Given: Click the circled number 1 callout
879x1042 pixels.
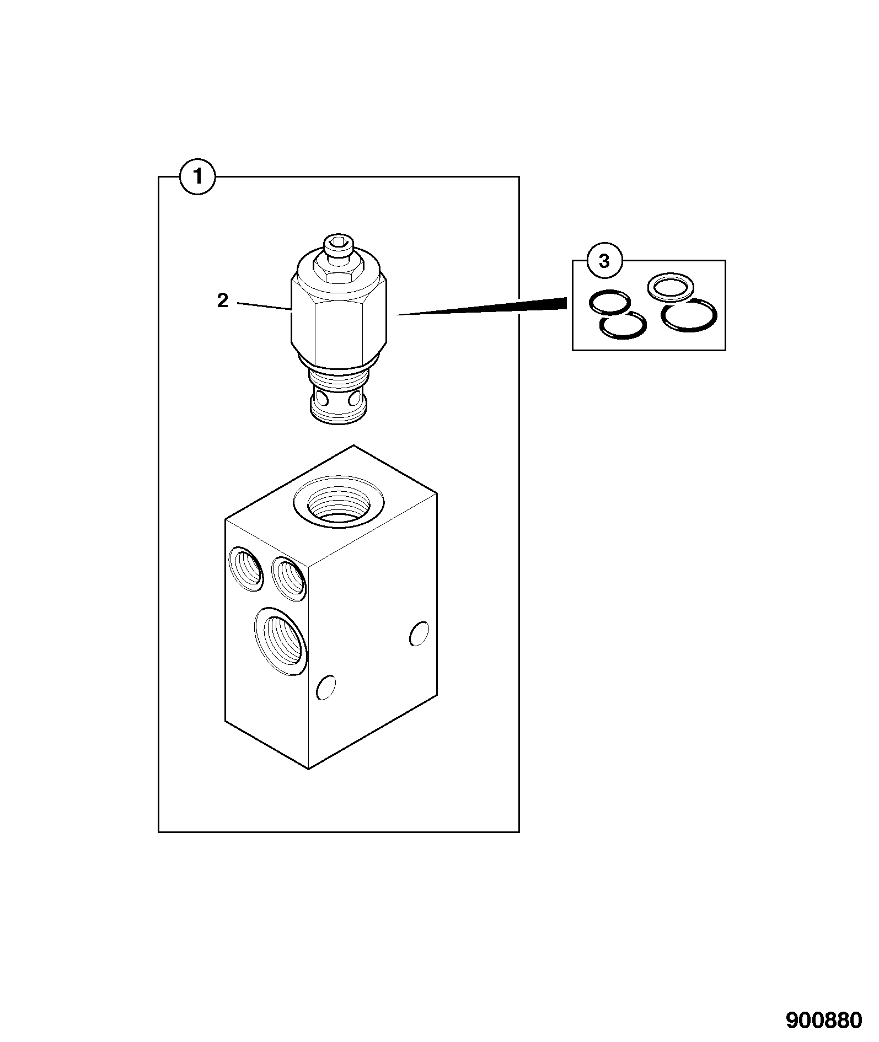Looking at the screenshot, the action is [x=198, y=176].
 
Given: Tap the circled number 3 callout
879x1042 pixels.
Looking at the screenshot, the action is [x=604, y=261].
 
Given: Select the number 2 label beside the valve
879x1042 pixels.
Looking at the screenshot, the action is [x=223, y=300].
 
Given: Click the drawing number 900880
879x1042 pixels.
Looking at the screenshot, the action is [x=824, y=1020].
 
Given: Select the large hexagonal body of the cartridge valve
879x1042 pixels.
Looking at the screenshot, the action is [x=339, y=317].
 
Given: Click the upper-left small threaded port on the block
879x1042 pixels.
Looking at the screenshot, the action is [x=246, y=568].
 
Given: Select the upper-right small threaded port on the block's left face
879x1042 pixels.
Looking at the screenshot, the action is [x=290, y=578].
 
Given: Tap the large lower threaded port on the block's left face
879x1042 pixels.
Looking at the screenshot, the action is [x=281, y=640].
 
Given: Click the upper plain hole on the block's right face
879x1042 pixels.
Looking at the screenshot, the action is [x=419, y=633].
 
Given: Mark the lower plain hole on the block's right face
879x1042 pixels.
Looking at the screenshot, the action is [x=325, y=686].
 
